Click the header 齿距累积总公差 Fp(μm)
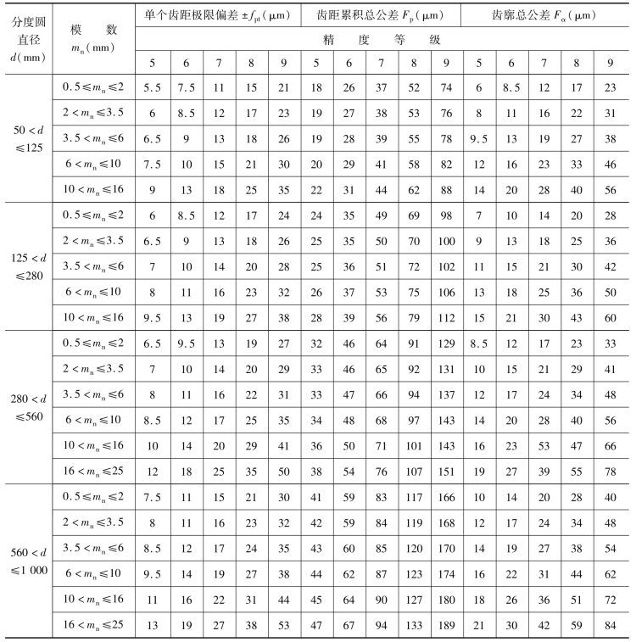tap(381, 15)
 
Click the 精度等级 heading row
tap(381, 39)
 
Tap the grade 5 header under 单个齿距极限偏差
tap(153, 64)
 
